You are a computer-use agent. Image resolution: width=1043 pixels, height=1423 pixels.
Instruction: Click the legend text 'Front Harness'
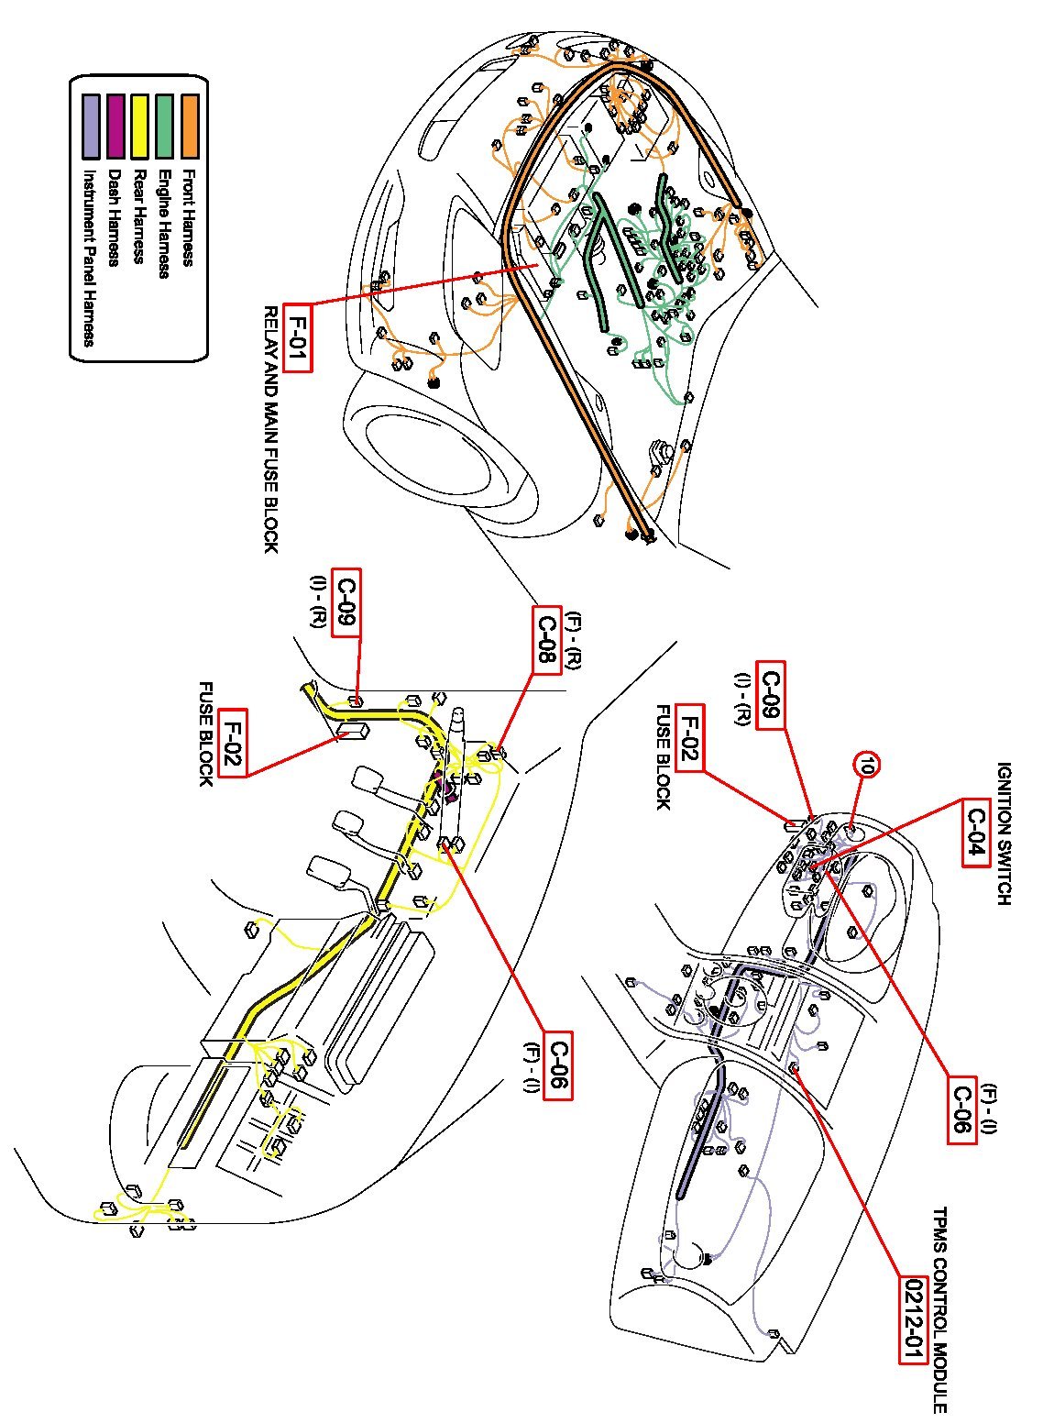[x=189, y=218]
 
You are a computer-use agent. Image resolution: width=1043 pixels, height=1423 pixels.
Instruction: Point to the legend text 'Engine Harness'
[x=164, y=224]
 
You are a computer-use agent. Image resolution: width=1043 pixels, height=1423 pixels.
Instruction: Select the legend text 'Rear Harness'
[x=139, y=216]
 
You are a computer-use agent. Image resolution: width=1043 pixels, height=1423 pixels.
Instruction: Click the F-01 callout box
[x=298, y=337]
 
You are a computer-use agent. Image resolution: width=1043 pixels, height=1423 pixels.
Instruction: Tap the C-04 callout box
[x=978, y=833]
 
